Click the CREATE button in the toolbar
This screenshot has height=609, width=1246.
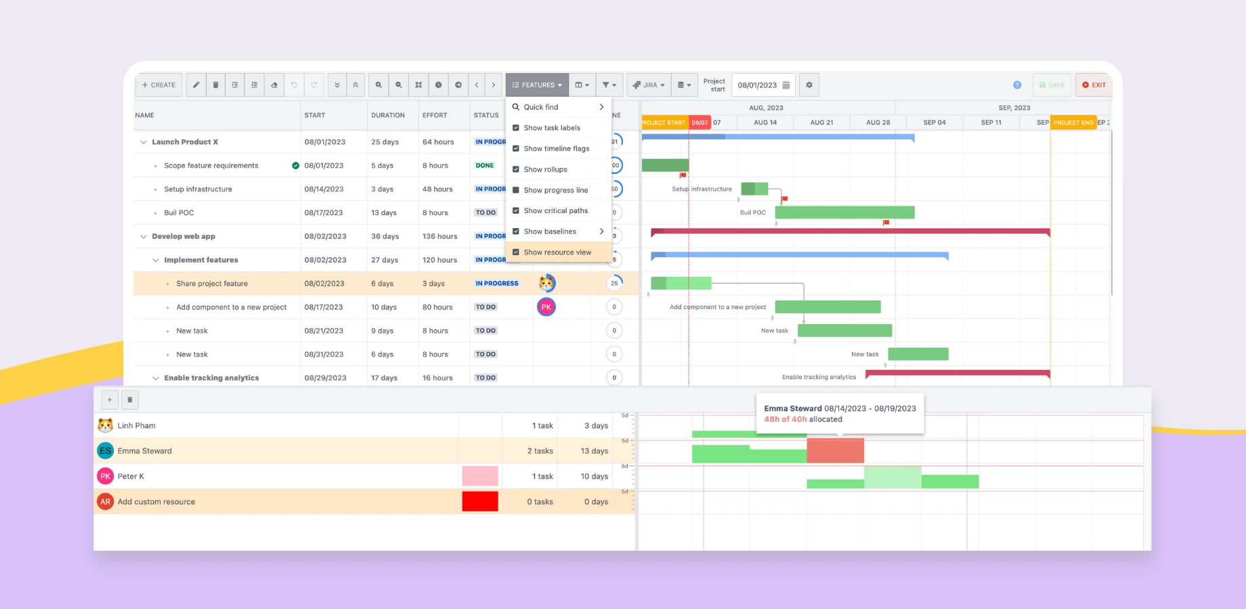[x=159, y=85]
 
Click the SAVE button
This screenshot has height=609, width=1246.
[x=1052, y=85]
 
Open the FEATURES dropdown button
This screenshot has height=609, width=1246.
[x=537, y=85]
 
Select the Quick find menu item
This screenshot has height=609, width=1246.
[x=541, y=107]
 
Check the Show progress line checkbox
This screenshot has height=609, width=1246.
[x=516, y=190]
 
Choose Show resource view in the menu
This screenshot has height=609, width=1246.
[x=557, y=252]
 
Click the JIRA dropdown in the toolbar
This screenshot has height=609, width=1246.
[x=649, y=85]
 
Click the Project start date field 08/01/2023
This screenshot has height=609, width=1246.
[x=757, y=85]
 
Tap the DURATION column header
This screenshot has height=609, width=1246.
[x=388, y=115]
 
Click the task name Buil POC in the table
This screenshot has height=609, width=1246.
[x=179, y=212]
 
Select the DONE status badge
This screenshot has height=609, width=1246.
[x=485, y=165]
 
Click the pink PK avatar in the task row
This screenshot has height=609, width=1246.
[x=546, y=307]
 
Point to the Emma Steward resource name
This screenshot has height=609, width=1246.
[x=144, y=451]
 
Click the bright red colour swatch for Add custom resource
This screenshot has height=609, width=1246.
[x=480, y=501]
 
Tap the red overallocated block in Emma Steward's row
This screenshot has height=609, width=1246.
[x=835, y=451]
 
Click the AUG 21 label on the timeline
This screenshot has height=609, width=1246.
[x=821, y=122]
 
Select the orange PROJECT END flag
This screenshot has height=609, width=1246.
[x=1073, y=122]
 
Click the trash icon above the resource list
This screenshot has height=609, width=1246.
[x=130, y=400]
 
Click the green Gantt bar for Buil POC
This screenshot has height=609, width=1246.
[x=844, y=212]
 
